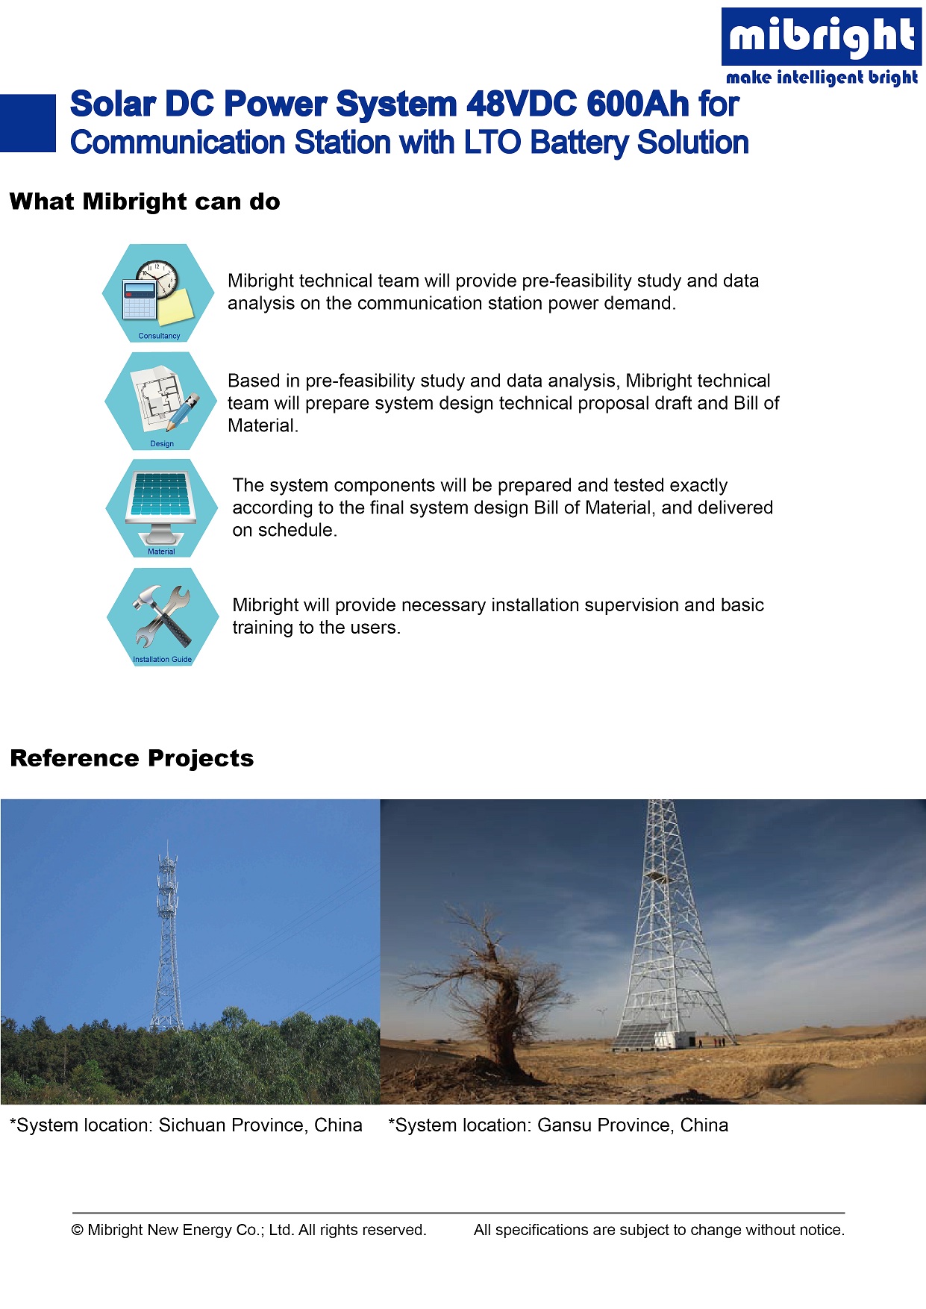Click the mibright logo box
point(822,37)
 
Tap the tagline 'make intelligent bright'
point(822,78)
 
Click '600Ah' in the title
point(638,104)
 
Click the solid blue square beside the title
point(28,123)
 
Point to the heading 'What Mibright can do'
point(145,201)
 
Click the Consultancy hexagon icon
point(158,293)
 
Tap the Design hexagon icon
point(161,401)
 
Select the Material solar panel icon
point(161,508)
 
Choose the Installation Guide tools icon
point(163,616)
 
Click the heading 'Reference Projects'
point(132,758)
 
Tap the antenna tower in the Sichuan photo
point(167,940)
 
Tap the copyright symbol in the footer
point(78,1230)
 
